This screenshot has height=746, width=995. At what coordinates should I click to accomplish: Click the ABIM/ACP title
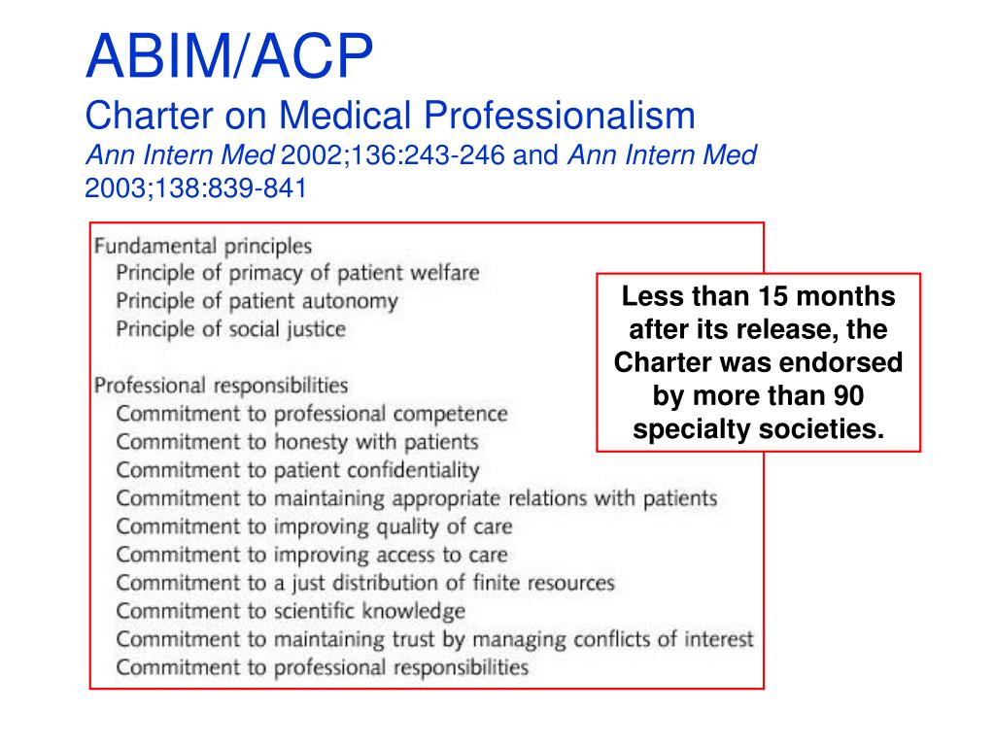pyautogui.click(x=229, y=57)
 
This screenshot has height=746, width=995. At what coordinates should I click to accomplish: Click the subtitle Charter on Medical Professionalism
pyautogui.click(x=391, y=117)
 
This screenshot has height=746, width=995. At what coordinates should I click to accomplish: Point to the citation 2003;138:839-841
pyautogui.click(x=195, y=188)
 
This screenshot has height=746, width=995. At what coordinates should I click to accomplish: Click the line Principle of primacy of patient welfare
pyautogui.click(x=297, y=273)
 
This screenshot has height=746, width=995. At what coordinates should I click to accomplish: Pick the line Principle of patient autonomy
pyautogui.click(x=257, y=301)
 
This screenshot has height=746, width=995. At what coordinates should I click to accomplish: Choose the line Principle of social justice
pyautogui.click(x=230, y=329)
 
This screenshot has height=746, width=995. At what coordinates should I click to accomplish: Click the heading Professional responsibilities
pyautogui.click(x=221, y=386)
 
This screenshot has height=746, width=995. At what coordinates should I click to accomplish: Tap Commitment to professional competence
pyautogui.click(x=311, y=414)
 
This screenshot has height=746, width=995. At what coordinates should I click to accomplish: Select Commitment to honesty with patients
pyautogui.click(x=297, y=442)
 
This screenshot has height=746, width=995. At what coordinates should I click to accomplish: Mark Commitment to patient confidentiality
pyautogui.click(x=297, y=470)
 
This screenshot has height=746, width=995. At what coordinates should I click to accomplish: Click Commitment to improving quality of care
pyautogui.click(x=314, y=526)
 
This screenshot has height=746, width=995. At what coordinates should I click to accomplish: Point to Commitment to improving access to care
pyautogui.click(x=311, y=556)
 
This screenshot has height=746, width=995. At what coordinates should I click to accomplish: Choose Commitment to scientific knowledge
pyautogui.click(x=291, y=611)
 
